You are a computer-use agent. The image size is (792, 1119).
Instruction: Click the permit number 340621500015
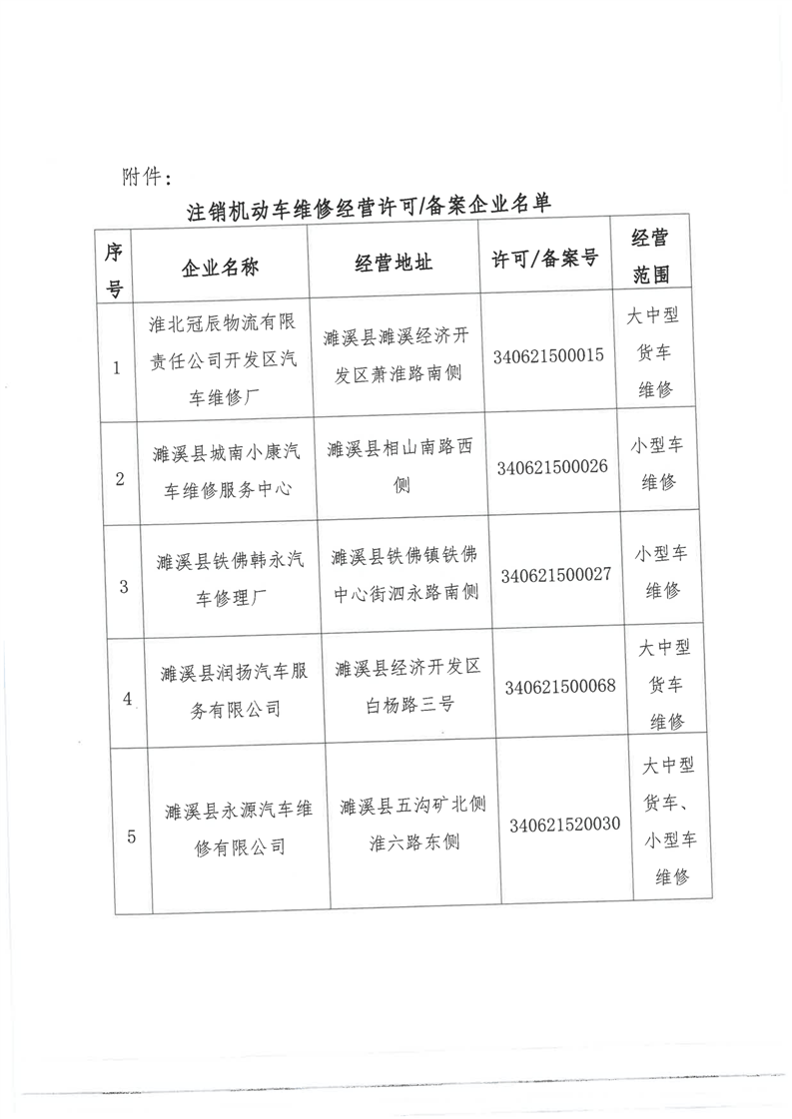point(548,356)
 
